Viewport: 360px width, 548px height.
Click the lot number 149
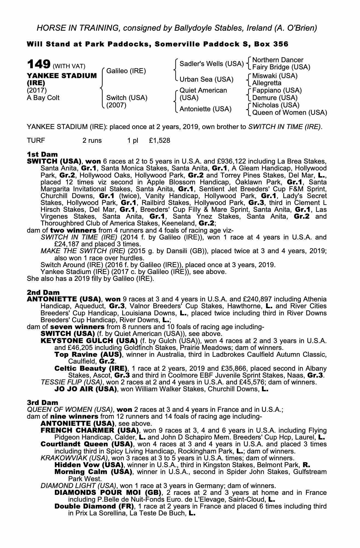[x=38, y=64]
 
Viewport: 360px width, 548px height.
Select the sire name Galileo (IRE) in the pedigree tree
[x=126, y=71]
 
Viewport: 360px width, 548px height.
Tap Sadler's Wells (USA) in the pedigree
[x=211, y=64]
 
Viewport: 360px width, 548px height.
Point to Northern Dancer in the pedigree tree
[x=278, y=60]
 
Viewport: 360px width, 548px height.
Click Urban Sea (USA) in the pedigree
[x=206, y=79]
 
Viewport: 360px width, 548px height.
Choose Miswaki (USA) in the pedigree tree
[x=275, y=76]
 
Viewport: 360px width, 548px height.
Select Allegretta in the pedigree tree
[x=267, y=83]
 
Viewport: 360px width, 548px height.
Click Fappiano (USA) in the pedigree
[x=277, y=90]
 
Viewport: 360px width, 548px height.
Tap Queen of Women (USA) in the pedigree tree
[x=289, y=113]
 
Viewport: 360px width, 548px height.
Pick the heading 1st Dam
[x=42, y=154]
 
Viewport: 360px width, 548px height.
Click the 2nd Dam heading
[x=43, y=292]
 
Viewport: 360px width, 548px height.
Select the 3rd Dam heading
[x=42, y=403]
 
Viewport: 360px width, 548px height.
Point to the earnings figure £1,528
[x=159, y=141]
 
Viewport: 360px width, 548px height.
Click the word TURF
[x=36, y=141]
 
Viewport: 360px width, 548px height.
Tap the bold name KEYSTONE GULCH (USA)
[x=89, y=341]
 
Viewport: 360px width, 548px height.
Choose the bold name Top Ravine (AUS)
[x=88, y=355]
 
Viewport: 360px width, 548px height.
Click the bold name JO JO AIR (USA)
[x=85, y=389]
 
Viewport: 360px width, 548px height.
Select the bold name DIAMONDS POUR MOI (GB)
[x=108, y=493]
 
